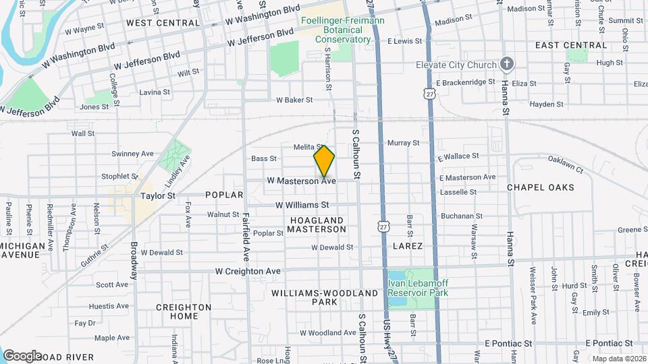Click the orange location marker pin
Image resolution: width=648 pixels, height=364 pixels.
(324, 160)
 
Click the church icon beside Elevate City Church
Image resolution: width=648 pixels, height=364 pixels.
(508, 64)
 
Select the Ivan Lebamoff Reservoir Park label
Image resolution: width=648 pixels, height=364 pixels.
(418, 288)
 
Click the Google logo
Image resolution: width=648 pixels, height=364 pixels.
(22, 355)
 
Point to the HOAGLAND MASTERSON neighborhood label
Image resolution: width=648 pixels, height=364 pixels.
(316, 224)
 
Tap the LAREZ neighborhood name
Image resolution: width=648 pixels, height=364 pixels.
(408, 246)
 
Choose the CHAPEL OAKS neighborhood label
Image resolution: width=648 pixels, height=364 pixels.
(540, 187)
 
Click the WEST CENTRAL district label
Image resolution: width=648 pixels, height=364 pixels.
(163, 22)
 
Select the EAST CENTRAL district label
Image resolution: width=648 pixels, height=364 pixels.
(571, 45)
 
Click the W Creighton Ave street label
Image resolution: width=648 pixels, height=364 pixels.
(248, 271)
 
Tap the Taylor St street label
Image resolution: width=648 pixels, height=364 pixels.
(158, 195)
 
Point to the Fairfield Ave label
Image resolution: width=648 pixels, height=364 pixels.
(246, 237)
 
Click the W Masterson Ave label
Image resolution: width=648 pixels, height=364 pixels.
(301, 181)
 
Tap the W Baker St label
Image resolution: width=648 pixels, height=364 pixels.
(294, 100)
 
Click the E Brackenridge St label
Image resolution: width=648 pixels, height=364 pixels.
(466, 82)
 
